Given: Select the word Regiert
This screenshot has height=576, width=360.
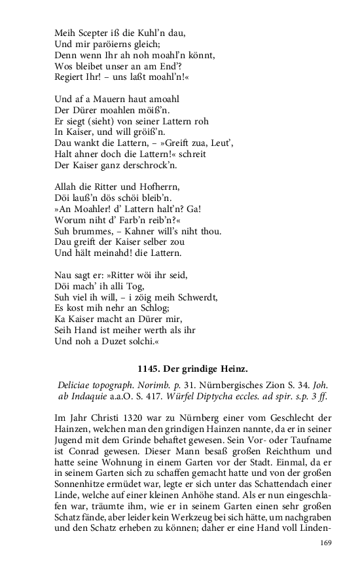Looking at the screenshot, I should coord(68,82).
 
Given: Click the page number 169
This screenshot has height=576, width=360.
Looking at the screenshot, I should coord(327,543).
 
